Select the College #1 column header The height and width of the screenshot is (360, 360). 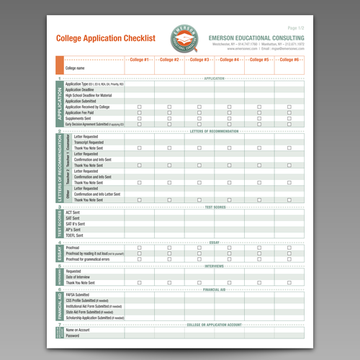pyautogui.click(x=139, y=60)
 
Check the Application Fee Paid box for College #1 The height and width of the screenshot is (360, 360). pyautogui.click(x=139, y=112)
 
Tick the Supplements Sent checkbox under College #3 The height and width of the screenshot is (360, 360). pyautogui.click(x=199, y=118)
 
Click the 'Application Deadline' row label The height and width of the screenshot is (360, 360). pyautogui.click(x=80, y=90)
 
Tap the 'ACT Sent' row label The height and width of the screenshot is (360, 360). pyautogui.click(x=73, y=212)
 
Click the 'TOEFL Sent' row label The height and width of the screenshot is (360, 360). pyautogui.click(x=76, y=235)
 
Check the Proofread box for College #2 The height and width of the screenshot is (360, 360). pyautogui.click(x=169, y=247)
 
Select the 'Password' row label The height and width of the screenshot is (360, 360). pyautogui.click(x=73, y=336)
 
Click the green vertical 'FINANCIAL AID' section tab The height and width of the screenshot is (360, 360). pyautogui.click(x=60, y=305)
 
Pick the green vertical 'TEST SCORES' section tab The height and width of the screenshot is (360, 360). pyautogui.click(x=60, y=223)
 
